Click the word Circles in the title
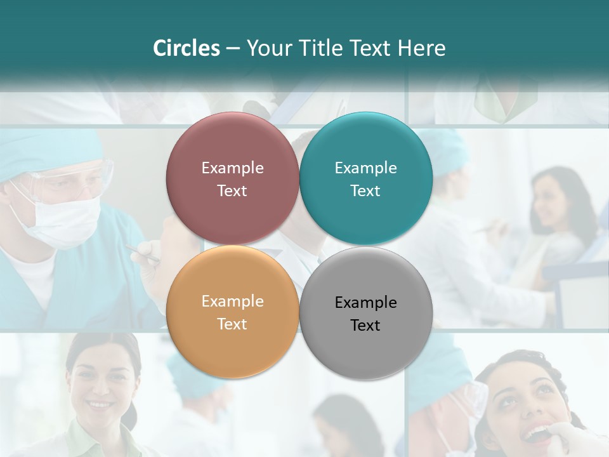tap(187, 48)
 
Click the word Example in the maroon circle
tap(232, 168)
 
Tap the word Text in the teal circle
tap(365, 191)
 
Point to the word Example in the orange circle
tap(232, 301)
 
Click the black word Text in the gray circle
tap(365, 326)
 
